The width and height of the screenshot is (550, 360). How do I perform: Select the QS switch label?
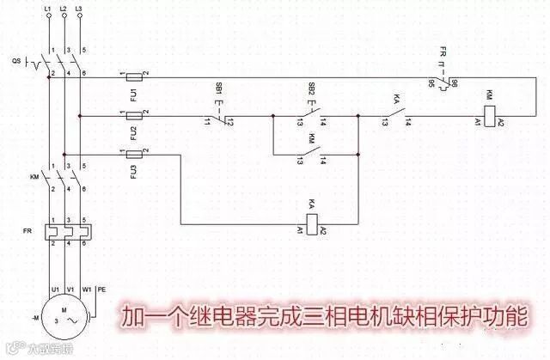[18, 61]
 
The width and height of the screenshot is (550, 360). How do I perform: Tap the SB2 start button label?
[310, 89]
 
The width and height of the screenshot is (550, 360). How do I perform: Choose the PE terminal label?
[102, 289]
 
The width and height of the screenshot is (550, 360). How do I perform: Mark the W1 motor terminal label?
[86, 289]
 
